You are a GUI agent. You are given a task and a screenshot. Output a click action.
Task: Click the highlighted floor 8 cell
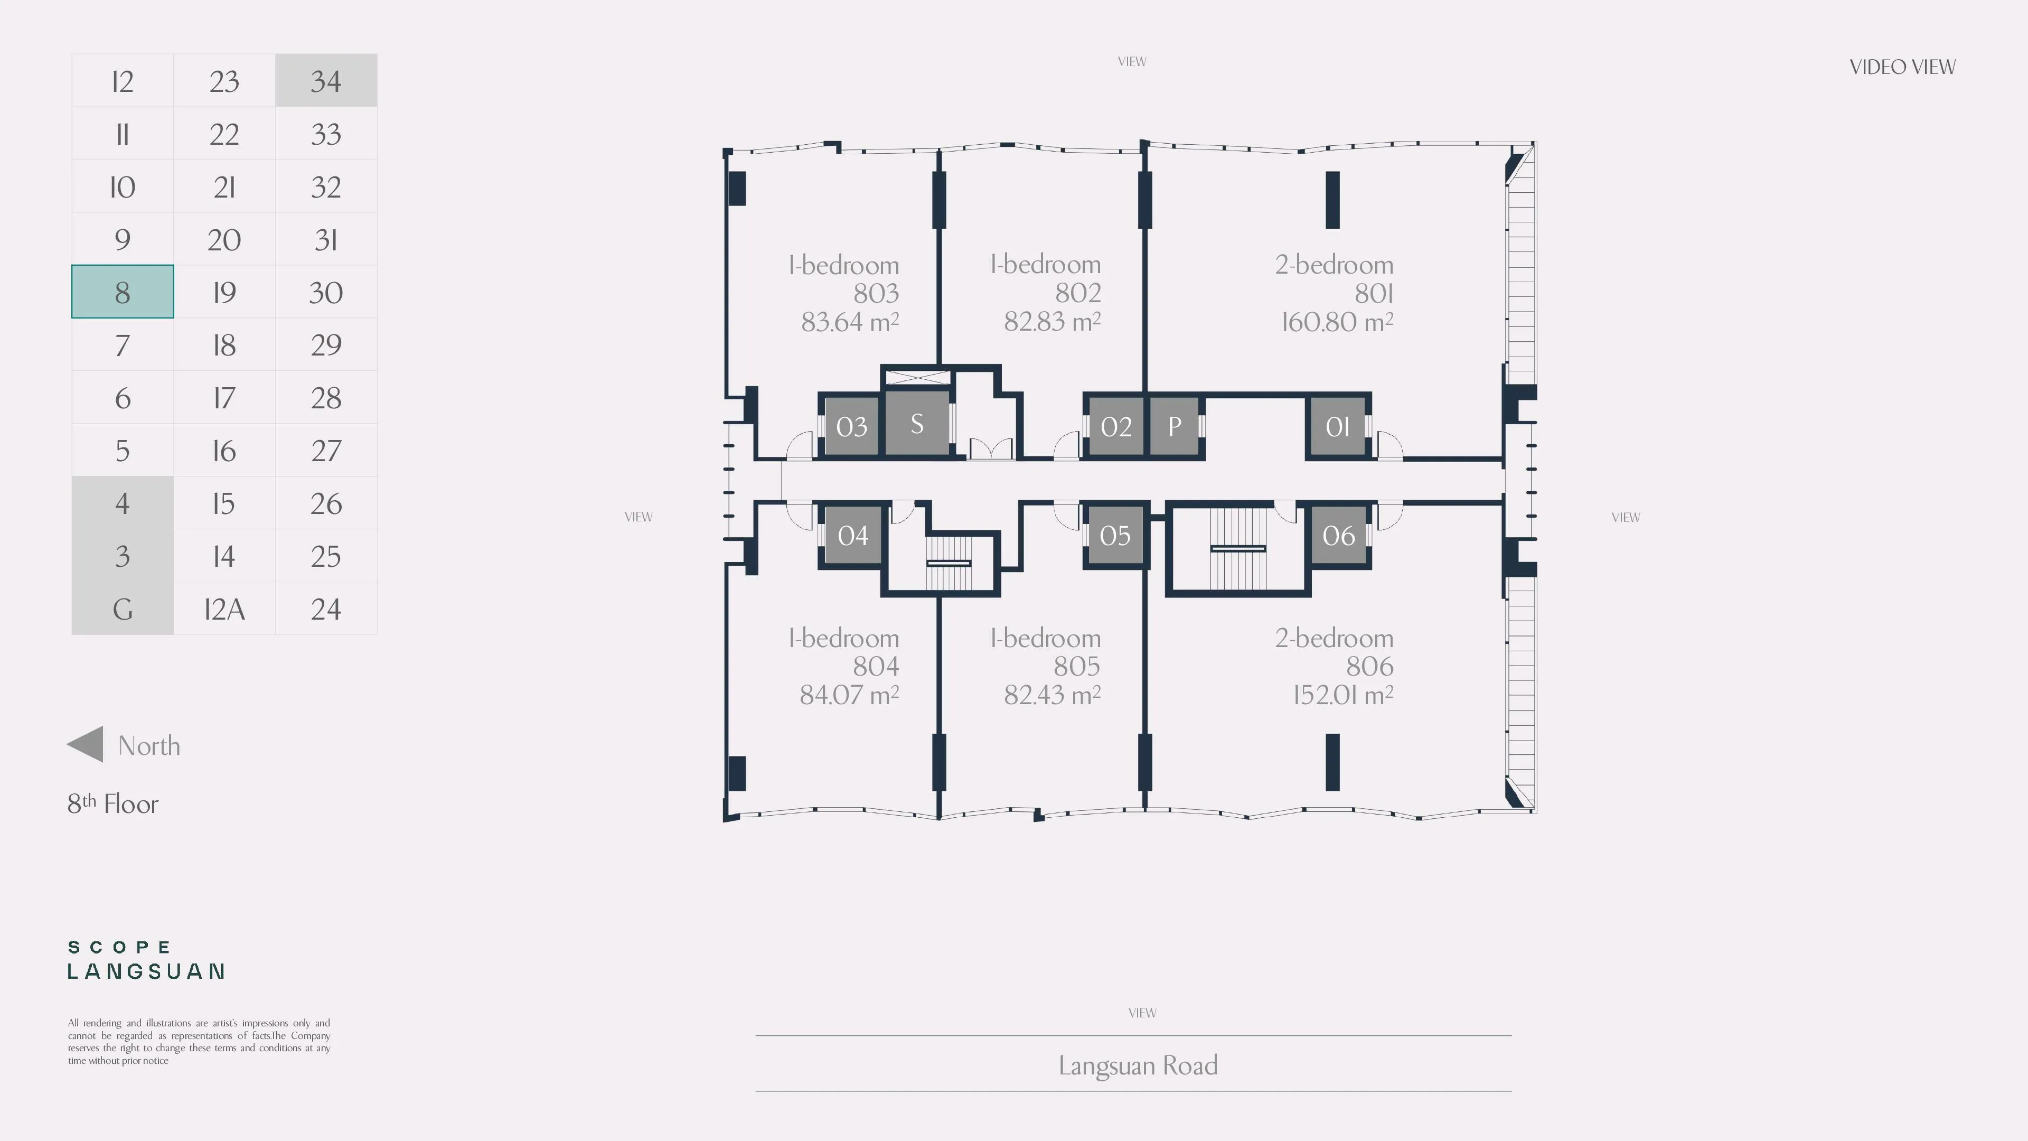[122, 292]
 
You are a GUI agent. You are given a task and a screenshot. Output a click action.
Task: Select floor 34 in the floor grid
[326, 80]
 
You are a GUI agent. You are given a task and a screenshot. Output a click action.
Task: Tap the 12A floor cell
[224, 609]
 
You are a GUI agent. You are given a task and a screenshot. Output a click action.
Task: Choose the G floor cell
[122, 609]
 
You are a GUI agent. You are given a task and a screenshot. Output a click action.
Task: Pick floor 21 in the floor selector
[224, 186]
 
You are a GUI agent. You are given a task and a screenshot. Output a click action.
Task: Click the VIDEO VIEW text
[1902, 67]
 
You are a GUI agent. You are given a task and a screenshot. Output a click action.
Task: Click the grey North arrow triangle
[85, 744]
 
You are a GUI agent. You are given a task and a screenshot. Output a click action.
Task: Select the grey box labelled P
[1174, 426]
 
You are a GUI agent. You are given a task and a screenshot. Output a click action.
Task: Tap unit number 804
[876, 666]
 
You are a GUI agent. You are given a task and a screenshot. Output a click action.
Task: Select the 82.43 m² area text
[1052, 695]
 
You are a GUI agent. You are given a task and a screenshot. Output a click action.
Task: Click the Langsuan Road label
[1138, 1065]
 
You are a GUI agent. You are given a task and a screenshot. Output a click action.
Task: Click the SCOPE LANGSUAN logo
[146, 960]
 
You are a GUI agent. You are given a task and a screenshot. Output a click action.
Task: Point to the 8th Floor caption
[112, 803]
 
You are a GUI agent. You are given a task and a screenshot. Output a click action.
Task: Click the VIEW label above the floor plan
[1132, 61]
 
